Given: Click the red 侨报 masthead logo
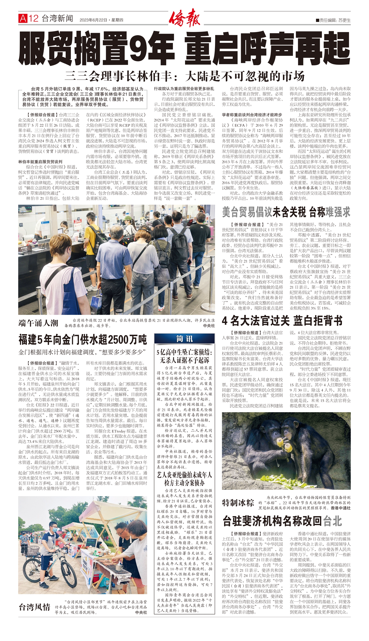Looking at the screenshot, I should [184, 17].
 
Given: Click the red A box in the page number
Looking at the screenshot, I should [23, 18].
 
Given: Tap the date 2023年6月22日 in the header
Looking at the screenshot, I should [93, 20].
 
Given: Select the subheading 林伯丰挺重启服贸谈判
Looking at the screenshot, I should [40, 161].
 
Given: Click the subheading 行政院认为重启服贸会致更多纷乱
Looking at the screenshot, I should [184, 89].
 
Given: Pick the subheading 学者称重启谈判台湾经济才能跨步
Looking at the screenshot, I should [252, 115].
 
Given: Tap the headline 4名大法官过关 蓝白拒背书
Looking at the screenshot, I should [282, 321].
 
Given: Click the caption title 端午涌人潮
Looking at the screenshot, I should [38, 323].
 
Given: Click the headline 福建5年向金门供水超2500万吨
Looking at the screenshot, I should [82, 340].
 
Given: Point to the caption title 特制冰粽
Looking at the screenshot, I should [238, 503].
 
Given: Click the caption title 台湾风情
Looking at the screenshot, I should [34, 607].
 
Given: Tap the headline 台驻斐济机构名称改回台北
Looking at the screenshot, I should [282, 521].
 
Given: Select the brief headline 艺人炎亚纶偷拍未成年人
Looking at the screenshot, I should [184, 475].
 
